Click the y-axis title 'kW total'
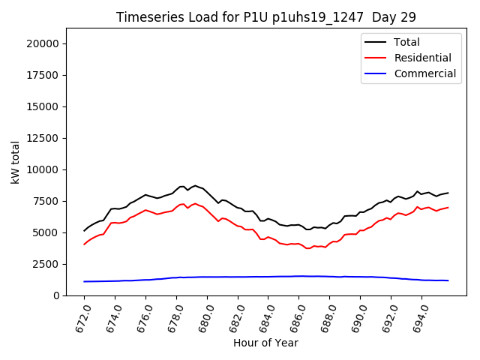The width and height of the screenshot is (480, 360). pyautogui.click(x=16, y=161)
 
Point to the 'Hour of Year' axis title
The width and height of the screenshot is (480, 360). pyautogui.click(x=266, y=343)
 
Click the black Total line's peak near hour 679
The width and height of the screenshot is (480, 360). pyautogui.click(x=195, y=185)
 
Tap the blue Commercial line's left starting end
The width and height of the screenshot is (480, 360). pyautogui.click(x=85, y=281)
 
